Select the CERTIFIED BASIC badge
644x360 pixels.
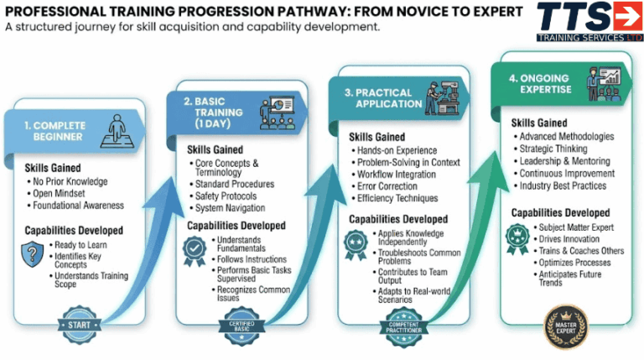pos(242,324)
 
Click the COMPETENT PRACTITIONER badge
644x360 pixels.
pos(406,323)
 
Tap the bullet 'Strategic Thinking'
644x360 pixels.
pos(556,149)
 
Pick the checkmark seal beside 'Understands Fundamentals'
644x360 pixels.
pos(195,248)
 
